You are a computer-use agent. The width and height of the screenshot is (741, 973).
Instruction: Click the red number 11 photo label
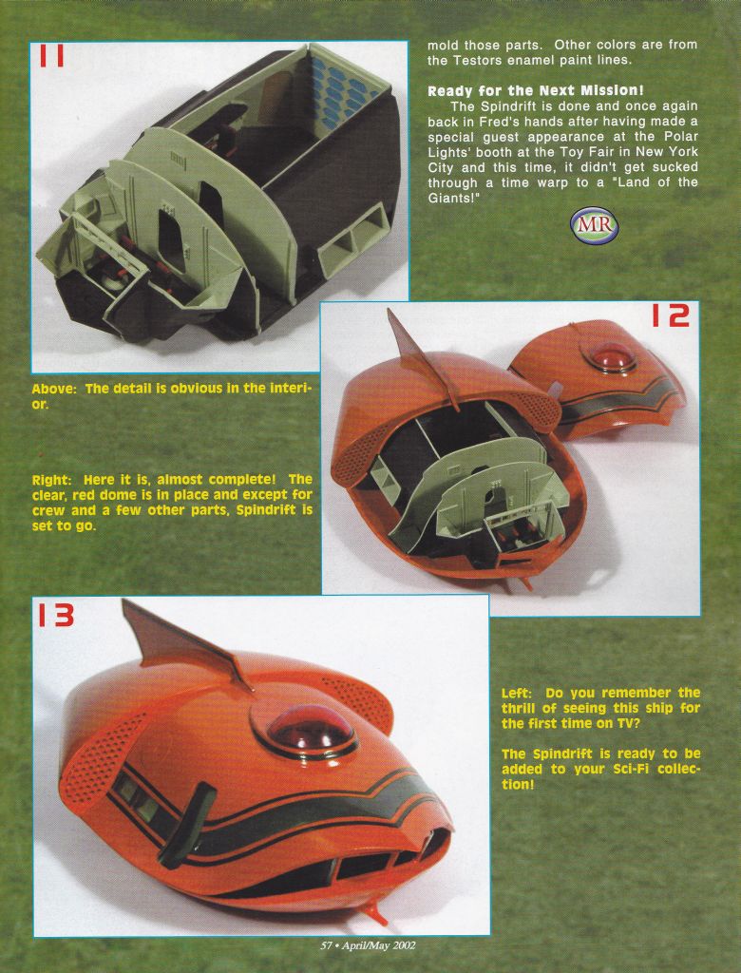(52, 55)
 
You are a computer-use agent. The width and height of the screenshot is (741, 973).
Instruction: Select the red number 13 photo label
(56, 616)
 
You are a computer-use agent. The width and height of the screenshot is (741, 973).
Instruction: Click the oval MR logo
(595, 224)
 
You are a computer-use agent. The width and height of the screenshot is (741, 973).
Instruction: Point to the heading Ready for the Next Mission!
(536, 91)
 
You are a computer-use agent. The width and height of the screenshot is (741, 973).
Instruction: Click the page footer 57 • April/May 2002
(368, 945)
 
